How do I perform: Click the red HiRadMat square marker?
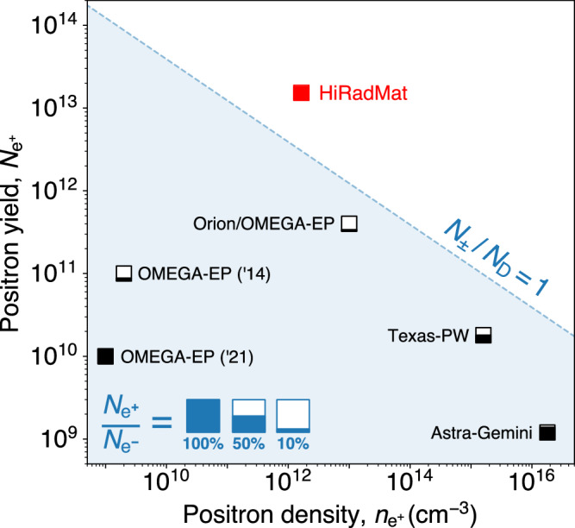pyautogui.click(x=301, y=93)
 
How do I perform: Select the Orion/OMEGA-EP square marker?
pyautogui.click(x=349, y=223)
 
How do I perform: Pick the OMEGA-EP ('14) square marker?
pyautogui.click(x=124, y=273)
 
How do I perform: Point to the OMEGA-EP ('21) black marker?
pyautogui.click(x=106, y=355)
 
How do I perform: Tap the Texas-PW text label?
pyautogui.click(x=430, y=336)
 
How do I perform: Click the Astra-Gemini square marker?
pyautogui.click(x=547, y=431)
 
